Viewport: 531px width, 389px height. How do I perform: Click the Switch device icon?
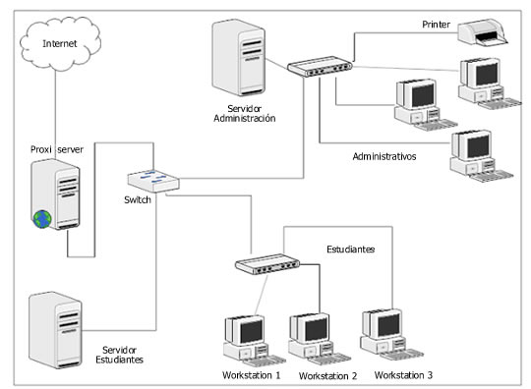point(152,181)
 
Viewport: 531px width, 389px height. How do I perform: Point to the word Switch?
point(138,200)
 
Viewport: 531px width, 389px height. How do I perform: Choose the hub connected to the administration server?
point(320,67)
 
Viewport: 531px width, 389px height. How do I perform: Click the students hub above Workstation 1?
point(266,263)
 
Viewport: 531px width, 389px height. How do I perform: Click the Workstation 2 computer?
point(309,337)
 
